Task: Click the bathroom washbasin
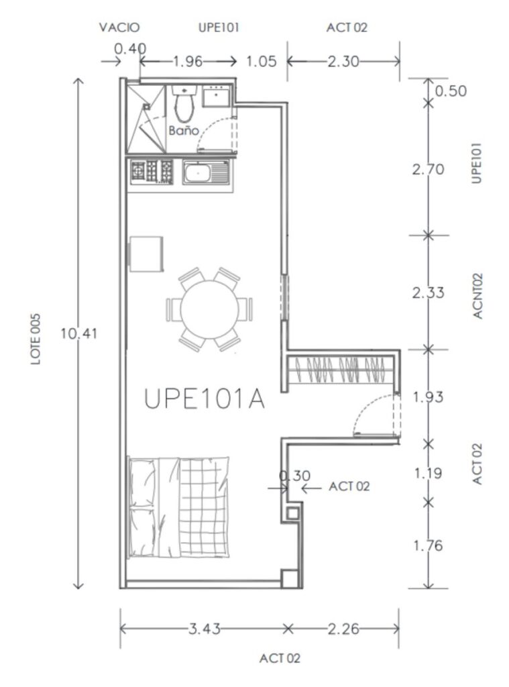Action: pos(216,95)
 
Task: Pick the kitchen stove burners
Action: pos(152,171)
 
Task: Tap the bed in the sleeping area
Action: pos(179,506)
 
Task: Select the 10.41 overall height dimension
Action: pos(79,333)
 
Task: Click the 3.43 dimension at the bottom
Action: pos(203,629)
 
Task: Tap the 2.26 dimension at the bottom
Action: pos(344,629)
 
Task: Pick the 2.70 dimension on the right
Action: pos(429,169)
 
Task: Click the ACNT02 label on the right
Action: pos(477,295)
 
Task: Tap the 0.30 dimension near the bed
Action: pos(294,476)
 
